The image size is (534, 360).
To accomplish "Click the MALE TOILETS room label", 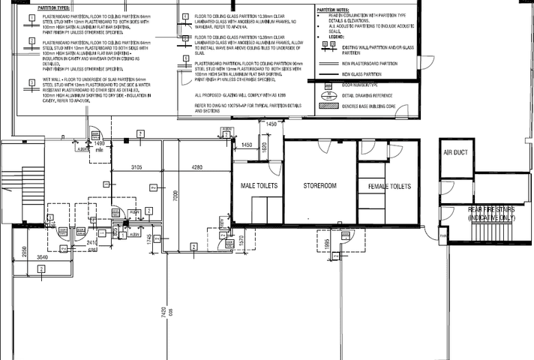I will tap(259, 185).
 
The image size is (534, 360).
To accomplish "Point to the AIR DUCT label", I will tap(456, 152).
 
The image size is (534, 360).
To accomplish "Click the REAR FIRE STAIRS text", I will tap(491, 213).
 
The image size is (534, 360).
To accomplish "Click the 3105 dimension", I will tap(136, 167).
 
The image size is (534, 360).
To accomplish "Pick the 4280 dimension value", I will tap(197, 167).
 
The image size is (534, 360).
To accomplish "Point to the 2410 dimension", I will tap(92, 243).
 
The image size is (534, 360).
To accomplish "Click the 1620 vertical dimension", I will tap(265, 148).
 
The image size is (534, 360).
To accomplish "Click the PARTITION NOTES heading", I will tap(333, 10).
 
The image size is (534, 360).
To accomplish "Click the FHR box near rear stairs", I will tap(443, 236).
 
